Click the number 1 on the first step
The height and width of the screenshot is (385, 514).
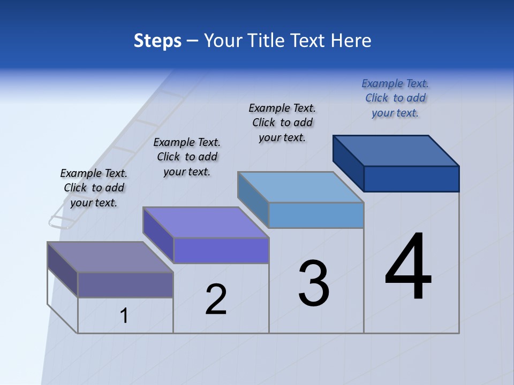tap(124, 316)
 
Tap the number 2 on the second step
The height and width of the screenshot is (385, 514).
tap(216, 299)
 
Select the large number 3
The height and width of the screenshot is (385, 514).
tap(314, 283)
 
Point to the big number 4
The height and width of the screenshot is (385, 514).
tap(408, 267)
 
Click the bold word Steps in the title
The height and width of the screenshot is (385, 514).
tap(157, 41)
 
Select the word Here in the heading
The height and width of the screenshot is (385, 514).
tap(351, 41)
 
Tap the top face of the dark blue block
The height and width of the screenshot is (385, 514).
tap(396, 150)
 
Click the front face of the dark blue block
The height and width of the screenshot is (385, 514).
tap(411, 179)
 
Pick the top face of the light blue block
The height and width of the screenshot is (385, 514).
tap(301, 187)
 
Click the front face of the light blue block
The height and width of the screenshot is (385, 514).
tap(316, 215)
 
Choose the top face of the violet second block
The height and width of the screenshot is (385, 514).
tap(206, 222)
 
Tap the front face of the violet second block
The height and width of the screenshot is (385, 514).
tap(221, 250)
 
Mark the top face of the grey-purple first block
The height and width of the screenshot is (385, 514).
tap(110, 257)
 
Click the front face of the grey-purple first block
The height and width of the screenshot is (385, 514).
tap(125, 284)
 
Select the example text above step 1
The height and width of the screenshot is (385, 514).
tap(94, 188)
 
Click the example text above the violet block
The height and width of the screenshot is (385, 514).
tap(187, 157)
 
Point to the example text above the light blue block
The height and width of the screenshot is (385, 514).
tap(282, 122)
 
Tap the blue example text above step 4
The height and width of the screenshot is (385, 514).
tap(395, 98)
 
